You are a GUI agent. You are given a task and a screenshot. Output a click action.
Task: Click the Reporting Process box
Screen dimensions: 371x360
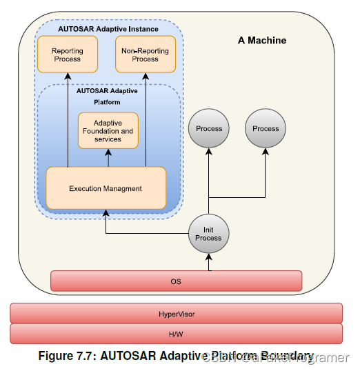click(x=68, y=54)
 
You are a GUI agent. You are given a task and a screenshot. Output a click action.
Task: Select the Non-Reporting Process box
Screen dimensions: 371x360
click(x=145, y=54)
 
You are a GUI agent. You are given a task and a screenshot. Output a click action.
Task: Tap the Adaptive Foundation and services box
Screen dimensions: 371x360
click(x=108, y=130)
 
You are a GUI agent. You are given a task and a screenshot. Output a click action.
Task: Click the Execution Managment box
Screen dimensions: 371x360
click(x=106, y=188)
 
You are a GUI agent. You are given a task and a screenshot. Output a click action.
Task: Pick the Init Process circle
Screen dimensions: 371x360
click(x=208, y=233)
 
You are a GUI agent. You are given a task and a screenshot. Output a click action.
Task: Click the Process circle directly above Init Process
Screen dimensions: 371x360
click(x=208, y=128)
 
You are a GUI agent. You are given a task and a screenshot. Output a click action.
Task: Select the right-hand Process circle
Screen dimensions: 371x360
click(x=266, y=128)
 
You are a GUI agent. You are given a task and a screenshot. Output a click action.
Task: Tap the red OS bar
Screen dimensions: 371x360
click(x=176, y=281)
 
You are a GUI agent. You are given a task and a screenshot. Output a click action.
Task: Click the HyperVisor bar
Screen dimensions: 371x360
click(x=176, y=314)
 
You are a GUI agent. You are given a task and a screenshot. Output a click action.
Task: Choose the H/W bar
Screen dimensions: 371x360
click(x=176, y=334)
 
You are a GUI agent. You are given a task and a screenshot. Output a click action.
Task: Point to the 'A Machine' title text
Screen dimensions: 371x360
click(x=262, y=41)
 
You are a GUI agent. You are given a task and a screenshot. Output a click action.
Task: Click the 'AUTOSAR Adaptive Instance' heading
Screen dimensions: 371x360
click(x=108, y=29)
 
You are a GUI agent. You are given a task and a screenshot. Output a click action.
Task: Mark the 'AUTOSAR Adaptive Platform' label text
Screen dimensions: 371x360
click(x=107, y=96)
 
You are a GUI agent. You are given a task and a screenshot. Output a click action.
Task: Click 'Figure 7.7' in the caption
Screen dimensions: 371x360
click(x=68, y=356)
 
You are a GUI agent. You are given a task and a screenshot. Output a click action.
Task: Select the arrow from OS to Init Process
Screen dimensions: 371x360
click(x=208, y=261)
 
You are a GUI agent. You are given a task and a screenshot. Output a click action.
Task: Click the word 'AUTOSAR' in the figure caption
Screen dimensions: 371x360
click(x=126, y=356)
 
